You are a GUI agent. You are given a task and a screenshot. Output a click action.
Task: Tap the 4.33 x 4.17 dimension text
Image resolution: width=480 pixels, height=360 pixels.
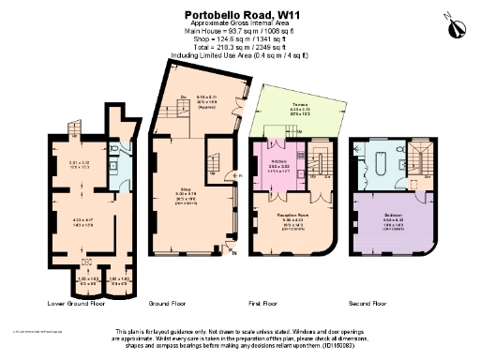point(82,222)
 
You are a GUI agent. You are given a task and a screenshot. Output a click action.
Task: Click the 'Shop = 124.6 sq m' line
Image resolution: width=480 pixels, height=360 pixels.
point(239,37)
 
